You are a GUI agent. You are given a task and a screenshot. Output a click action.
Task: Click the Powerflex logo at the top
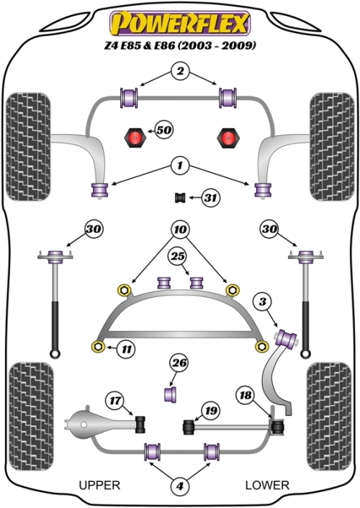(180, 23)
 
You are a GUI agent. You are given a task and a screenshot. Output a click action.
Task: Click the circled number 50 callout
(163, 130)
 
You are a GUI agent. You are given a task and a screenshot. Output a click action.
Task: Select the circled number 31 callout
(211, 197)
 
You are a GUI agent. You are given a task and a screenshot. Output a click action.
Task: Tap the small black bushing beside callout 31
(180, 197)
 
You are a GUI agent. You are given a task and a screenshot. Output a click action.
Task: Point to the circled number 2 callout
(180, 71)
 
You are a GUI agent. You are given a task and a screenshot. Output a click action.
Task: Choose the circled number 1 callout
(180, 166)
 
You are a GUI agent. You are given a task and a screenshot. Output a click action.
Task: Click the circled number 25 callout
(177, 257)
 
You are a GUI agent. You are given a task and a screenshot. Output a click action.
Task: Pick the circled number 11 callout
(126, 349)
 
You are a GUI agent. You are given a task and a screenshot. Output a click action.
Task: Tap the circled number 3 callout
(262, 302)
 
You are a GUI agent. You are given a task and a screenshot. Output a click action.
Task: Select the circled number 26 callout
(180, 363)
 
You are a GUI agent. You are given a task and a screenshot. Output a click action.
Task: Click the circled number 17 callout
(115, 401)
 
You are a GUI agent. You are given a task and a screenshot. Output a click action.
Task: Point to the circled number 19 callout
(210, 410)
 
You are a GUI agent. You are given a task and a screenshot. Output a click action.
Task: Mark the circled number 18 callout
(246, 395)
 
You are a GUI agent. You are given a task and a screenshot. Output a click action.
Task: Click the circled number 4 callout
(180, 486)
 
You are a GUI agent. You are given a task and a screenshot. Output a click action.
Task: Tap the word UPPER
(99, 485)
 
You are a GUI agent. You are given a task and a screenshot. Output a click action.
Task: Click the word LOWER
(267, 485)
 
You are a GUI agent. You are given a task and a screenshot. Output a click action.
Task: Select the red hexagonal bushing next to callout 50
(135, 137)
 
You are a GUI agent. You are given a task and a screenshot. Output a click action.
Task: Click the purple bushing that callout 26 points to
(171, 394)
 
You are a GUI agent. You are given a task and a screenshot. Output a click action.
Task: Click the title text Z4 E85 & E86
(140, 45)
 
